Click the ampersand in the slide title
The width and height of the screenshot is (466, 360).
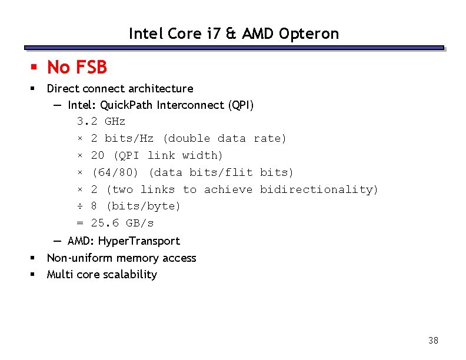(231, 34)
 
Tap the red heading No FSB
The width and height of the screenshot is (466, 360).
(77, 68)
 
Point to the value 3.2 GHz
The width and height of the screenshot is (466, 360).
(101, 122)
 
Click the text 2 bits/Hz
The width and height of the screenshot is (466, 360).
(122, 139)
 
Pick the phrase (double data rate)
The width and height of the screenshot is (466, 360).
(224, 139)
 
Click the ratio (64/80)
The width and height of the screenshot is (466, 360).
(115, 172)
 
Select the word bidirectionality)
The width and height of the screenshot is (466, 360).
(319, 189)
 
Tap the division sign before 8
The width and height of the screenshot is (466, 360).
(81, 206)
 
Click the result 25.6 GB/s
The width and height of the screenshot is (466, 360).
(122, 224)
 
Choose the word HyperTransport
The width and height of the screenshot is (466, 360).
(139, 241)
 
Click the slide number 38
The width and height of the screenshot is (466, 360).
(434, 341)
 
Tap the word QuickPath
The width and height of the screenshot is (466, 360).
(125, 106)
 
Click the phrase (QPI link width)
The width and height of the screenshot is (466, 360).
(168, 156)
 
